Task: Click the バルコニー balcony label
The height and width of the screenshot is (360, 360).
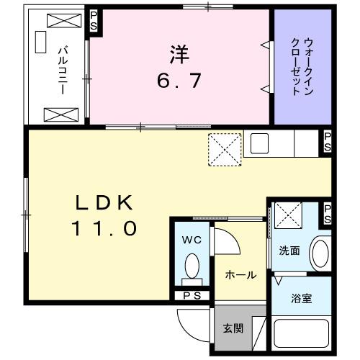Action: (63, 66)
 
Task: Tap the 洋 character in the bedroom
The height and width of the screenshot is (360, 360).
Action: (180, 54)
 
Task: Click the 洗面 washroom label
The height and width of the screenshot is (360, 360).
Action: (289, 251)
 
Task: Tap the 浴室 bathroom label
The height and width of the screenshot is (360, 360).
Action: (300, 297)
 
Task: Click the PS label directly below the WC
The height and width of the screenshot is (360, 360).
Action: (191, 294)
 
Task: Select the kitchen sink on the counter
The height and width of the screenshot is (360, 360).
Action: (259, 143)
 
